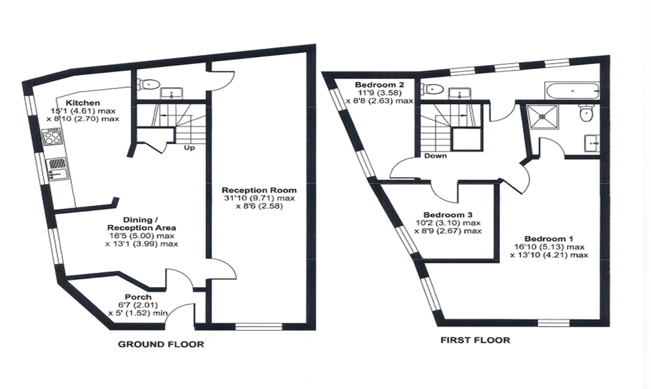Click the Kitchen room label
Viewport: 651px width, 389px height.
(x=83, y=103)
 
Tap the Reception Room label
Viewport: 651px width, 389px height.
(x=259, y=190)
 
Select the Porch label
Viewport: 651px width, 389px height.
(x=138, y=297)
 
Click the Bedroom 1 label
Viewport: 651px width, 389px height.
(x=549, y=239)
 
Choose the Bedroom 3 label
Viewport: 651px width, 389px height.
(x=448, y=215)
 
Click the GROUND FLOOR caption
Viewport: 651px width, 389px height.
(x=161, y=344)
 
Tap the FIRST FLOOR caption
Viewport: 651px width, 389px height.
(x=475, y=341)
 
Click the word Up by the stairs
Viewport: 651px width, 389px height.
(x=189, y=148)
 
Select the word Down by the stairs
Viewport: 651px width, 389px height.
(x=436, y=156)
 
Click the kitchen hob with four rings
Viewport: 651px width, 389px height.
(x=53, y=137)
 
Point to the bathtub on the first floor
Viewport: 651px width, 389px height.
(x=572, y=91)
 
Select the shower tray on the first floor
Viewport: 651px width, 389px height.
(x=542, y=117)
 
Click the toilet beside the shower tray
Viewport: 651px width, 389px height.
(x=586, y=113)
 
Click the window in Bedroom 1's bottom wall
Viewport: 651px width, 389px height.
(x=555, y=323)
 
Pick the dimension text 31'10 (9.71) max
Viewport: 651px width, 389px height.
(x=259, y=199)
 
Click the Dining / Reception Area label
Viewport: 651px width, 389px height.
(x=142, y=223)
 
